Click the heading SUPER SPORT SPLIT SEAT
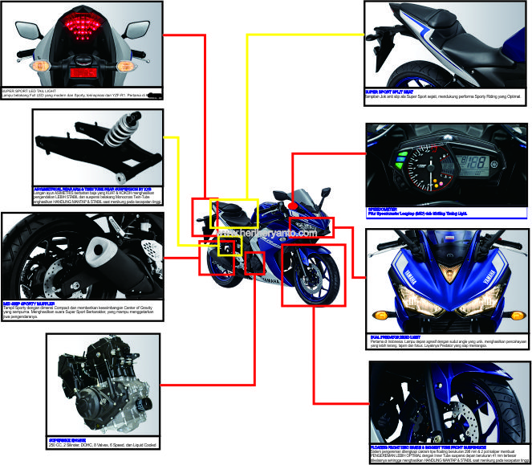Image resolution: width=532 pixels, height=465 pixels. point(393,92)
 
